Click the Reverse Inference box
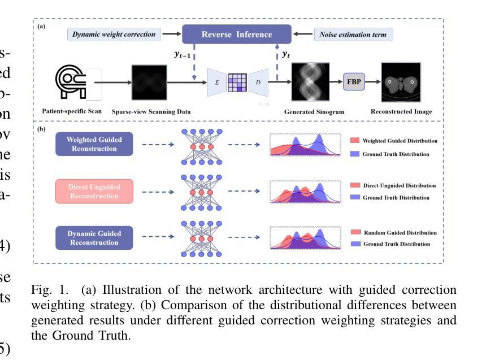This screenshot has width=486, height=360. click(x=236, y=34)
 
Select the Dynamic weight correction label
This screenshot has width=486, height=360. click(x=114, y=34)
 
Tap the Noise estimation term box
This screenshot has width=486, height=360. click(x=353, y=34)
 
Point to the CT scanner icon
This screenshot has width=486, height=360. click(x=73, y=83)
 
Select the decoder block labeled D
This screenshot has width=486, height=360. click(x=258, y=83)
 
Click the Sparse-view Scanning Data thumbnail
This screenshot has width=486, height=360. click(x=149, y=83)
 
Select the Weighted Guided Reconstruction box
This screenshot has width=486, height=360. click(x=94, y=144)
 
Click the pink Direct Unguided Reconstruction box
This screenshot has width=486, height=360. click(x=94, y=191)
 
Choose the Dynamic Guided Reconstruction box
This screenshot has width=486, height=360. click(x=94, y=237)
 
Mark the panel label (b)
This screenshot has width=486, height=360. click(x=42, y=129)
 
